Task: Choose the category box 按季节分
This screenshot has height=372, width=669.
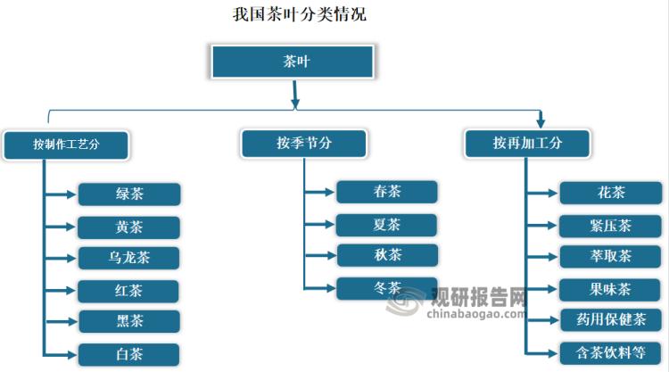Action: click(303, 143)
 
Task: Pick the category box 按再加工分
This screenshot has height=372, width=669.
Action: click(527, 143)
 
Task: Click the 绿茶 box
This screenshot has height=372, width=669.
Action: click(129, 194)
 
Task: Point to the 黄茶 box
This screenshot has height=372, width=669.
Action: click(129, 227)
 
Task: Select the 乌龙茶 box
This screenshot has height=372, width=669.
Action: click(129, 259)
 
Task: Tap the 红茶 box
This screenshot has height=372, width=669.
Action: click(129, 291)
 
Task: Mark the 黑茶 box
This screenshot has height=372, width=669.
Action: click(129, 321)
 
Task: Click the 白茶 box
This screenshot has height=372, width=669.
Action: click(129, 354)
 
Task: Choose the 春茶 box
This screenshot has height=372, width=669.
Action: click(387, 192)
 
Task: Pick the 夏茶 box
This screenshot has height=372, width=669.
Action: click(387, 224)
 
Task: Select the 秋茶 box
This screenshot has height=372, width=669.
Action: click(387, 255)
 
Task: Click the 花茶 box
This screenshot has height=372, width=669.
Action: click(610, 193)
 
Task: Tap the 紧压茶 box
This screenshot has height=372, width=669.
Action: click(610, 226)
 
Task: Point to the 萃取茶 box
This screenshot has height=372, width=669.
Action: click(610, 257)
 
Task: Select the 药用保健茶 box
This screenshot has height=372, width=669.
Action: click(610, 318)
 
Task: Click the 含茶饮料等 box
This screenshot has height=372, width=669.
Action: click(610, 351)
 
